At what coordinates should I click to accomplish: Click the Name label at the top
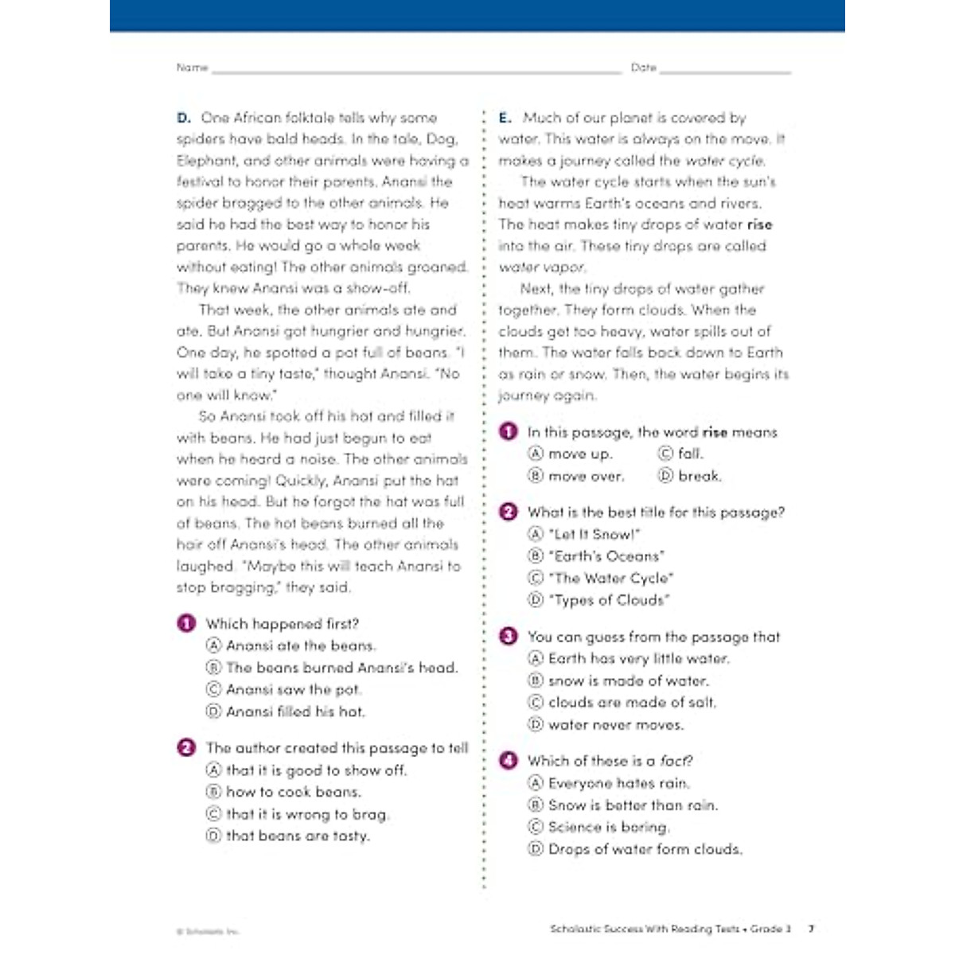[x=192, y=68]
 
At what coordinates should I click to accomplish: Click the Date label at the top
[x=643, y=68]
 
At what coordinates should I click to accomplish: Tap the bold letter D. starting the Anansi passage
[x=184, y=118]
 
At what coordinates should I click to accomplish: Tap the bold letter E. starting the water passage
[x=505, y=118]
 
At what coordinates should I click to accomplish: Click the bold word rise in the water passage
[x=759, y=224]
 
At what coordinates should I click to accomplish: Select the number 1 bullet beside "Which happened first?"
[x=186, y=623]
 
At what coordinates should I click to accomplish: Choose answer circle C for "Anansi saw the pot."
[x=213, y=689]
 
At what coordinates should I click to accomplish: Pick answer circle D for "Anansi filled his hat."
[x=213, y=711]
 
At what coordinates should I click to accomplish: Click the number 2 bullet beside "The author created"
[x=186, y=747]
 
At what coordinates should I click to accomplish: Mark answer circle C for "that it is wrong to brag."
[x=213, y=814]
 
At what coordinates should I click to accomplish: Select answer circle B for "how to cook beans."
[x=213, y=792]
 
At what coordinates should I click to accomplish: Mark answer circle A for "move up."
[x=536, y=454]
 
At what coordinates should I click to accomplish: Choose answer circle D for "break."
[x=665, y=476]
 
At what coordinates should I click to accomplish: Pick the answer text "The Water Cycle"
[x=610, y=578]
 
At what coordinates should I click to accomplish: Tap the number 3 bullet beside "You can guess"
[x=508, y=636]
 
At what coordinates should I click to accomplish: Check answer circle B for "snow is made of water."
[x=536, y=680]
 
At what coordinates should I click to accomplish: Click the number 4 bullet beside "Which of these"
[x=508, y=760]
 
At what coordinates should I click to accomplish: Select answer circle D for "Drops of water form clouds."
[x=536, y=849]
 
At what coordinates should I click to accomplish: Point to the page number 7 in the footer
[x=811, y=928]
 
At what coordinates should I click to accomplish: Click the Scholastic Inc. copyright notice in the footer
[x=207, y=930]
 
